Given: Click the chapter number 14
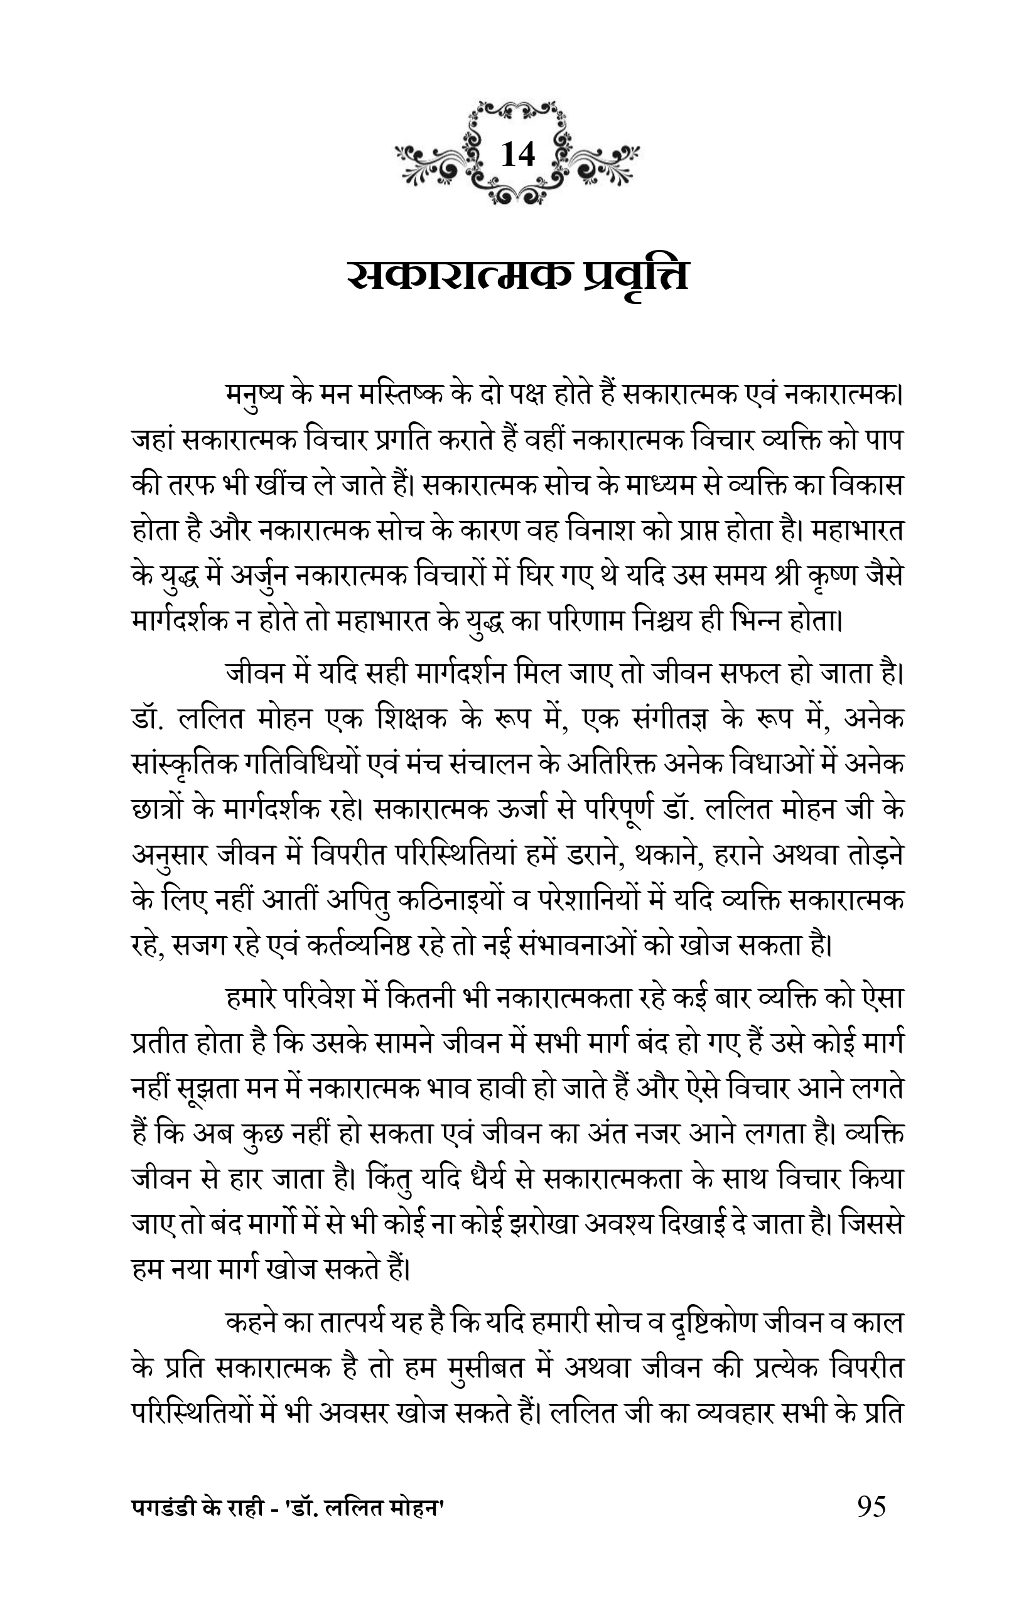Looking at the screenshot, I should coord(517,154).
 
